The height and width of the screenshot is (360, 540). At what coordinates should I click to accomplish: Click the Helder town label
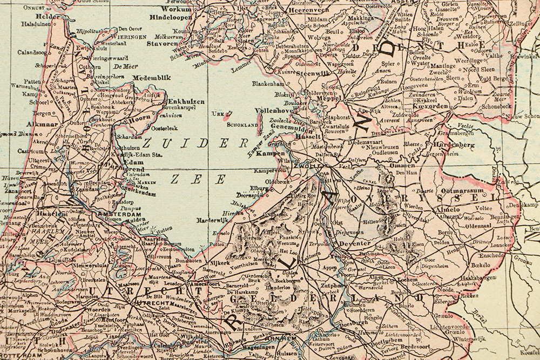tap(48, 17)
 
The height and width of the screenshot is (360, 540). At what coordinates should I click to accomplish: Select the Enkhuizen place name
tap(186, 101)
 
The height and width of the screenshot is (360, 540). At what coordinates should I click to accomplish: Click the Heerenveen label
tap(310, 10)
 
